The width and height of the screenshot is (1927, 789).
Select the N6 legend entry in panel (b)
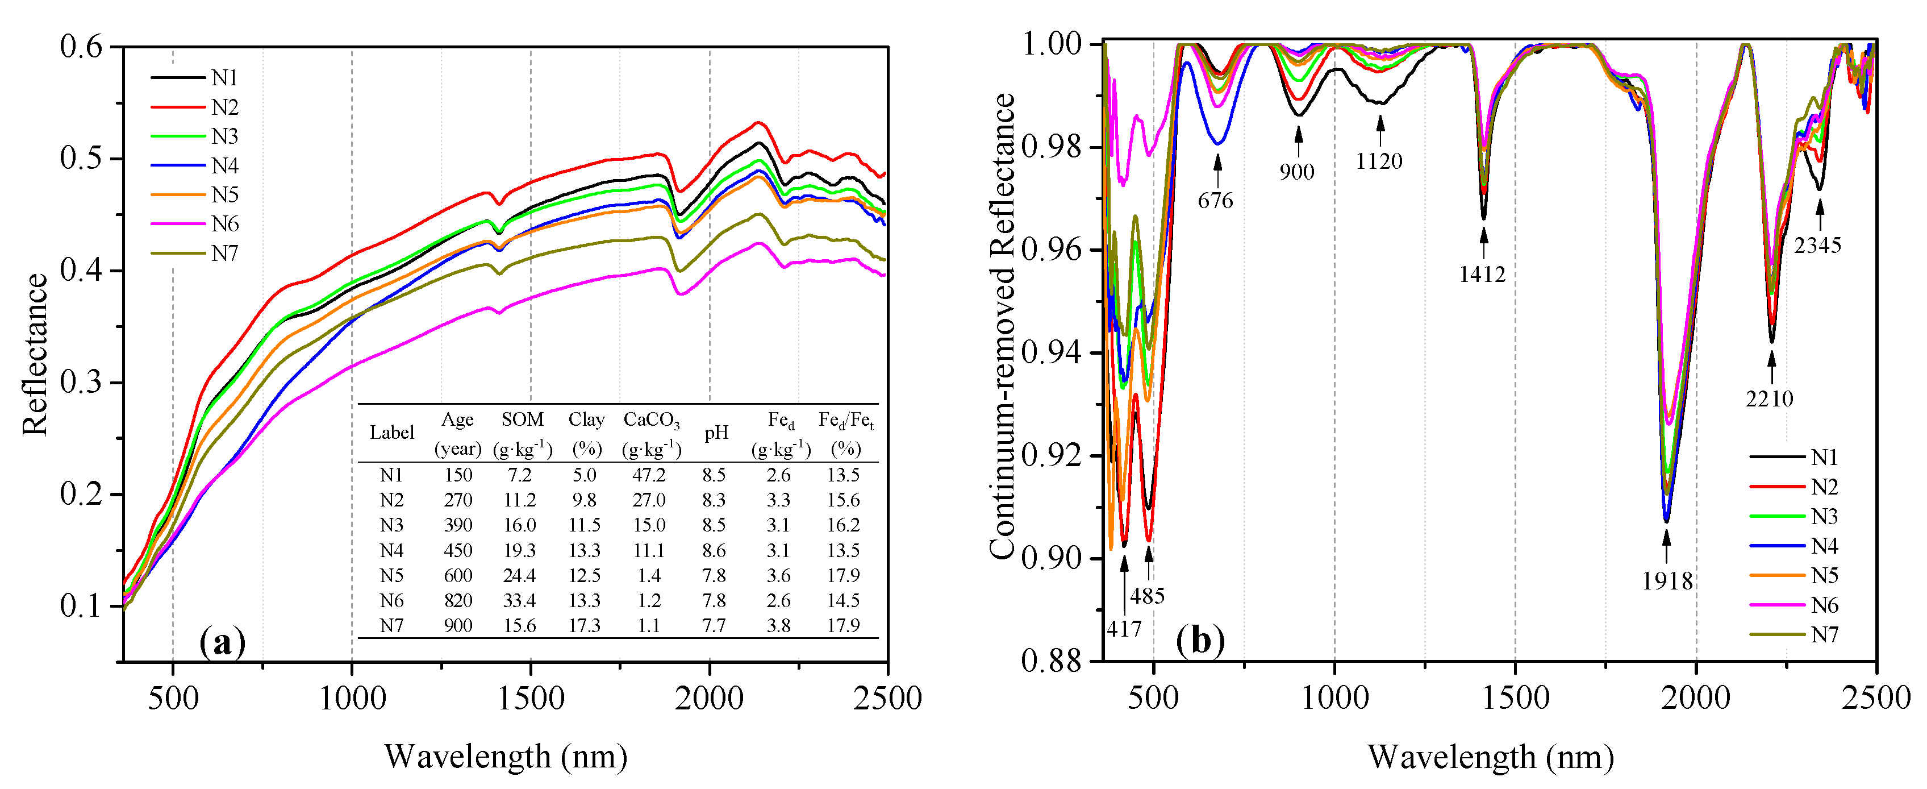1824,605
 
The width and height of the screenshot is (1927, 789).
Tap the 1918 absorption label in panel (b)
1667,581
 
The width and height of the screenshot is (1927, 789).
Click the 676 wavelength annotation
1215,201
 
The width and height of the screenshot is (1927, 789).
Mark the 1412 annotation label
1482,275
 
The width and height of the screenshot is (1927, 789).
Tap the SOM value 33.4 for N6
519,600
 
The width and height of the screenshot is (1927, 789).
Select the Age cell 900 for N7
458,625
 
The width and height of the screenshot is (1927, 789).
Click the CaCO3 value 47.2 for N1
649,475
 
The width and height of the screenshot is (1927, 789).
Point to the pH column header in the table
716,433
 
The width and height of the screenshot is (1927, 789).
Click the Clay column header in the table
586,420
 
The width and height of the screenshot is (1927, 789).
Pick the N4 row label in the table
391,550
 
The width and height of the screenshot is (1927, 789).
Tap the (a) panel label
222,642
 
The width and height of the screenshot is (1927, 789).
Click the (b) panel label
1200,641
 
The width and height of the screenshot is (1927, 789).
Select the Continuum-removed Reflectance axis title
1002,326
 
